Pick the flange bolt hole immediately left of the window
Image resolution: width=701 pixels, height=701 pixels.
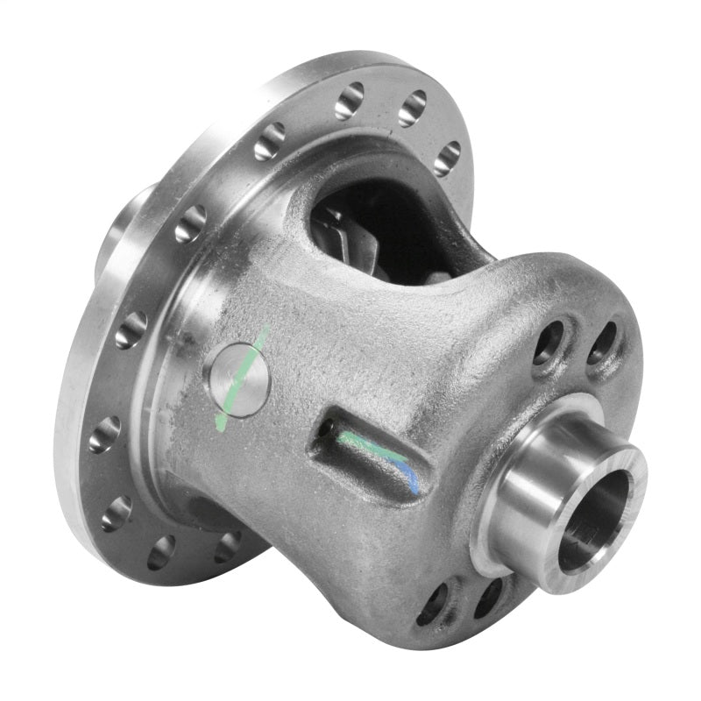pyautogui.click(x=270, y=140)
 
